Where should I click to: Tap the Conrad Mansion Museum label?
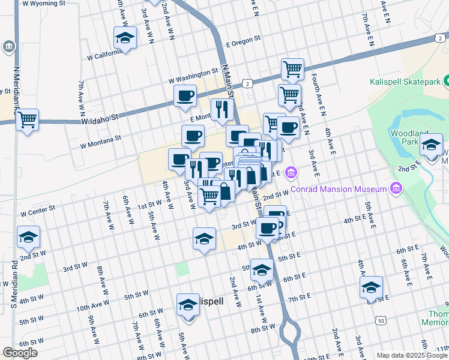click(338, 190)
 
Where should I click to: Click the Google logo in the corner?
click(20, 353)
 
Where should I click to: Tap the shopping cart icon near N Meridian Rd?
click(28, 120)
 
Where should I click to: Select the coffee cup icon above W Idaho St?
click(185, 95)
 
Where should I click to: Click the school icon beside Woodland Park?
click(432, 145)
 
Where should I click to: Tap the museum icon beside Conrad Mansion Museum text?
click(395, 190)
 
